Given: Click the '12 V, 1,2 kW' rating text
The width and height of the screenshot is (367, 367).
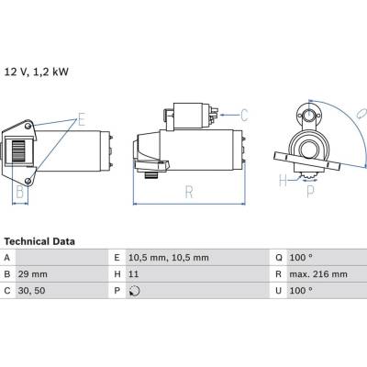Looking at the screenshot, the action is pos(37,72).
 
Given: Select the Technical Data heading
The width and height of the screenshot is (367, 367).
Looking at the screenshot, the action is pos(39,241).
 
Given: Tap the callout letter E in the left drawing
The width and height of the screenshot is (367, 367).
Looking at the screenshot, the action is pos(82,119).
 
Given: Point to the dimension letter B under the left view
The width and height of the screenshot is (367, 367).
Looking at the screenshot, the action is pos(20,192).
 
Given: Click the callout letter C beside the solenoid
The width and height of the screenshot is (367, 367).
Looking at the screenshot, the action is pos(244,115).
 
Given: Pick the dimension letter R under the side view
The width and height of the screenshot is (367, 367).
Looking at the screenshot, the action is pos(189,192).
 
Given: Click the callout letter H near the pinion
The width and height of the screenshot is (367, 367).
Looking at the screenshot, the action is pos(284,180).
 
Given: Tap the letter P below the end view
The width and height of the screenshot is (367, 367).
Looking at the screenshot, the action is pos(310,192).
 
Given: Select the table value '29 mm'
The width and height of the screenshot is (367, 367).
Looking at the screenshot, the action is pos(33,274).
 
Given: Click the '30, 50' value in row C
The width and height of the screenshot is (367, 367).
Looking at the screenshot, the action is pos(31,291).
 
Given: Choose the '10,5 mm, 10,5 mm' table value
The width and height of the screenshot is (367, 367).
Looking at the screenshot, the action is pos(169,258).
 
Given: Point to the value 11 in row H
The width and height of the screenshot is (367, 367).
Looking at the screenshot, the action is pos(134,274).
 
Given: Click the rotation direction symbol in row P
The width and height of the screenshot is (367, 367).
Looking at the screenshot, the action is pos(134,291).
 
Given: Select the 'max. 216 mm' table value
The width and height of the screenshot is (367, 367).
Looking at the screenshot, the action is pos(318,274).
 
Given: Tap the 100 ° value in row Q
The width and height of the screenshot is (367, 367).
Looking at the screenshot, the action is pos(301,258).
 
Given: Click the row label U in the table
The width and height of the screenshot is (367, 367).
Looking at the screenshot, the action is pos(278,291).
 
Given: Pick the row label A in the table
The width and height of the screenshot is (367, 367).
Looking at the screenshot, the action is pos(7,258).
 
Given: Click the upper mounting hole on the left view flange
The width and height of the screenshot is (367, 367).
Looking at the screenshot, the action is pos(28,126).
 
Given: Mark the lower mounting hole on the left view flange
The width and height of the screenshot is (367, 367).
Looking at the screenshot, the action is pos(28,181).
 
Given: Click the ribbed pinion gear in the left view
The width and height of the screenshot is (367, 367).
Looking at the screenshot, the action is pos(18,150).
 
